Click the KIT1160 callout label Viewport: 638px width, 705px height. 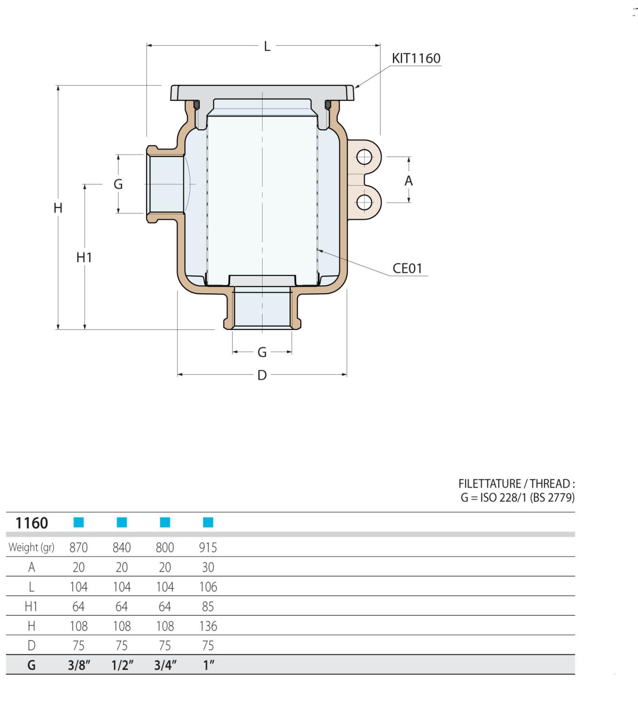coord(416,58)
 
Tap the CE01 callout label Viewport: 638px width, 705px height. coord(407,268)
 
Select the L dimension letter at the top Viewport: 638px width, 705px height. coord(267,47)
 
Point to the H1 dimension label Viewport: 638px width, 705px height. coord(84,258)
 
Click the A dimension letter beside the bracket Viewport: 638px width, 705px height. coord(408,181)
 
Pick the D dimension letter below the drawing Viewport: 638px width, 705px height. coord(262,376)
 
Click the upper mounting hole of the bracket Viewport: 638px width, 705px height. coord(364,157)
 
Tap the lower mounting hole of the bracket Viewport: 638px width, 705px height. coord(364,203)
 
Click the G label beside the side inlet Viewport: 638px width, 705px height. coord(118,184)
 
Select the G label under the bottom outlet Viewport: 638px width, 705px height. coord(262,352)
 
